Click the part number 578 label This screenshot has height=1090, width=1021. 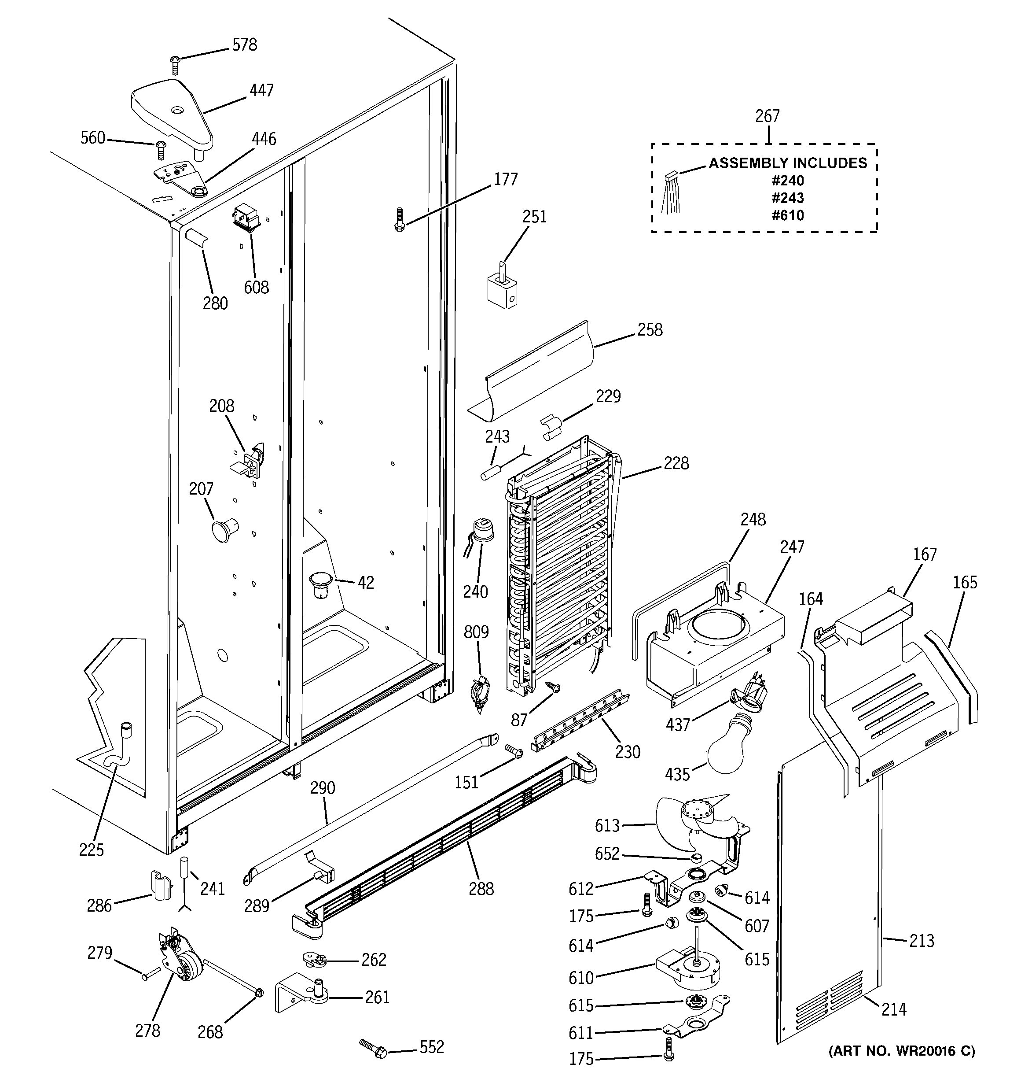point(244,45)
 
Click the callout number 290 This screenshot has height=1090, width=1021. point(322,788)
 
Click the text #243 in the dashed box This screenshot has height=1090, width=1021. point(788,198)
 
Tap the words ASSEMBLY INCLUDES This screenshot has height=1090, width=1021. point(788,163)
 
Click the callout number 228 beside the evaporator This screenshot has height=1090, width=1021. point(676,463)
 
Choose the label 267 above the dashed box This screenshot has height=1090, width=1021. point(767,116)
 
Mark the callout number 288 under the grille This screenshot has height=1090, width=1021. point(481,888)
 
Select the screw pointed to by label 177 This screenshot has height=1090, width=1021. point(399,219)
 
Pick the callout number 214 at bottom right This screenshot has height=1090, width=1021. point(893,1009)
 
